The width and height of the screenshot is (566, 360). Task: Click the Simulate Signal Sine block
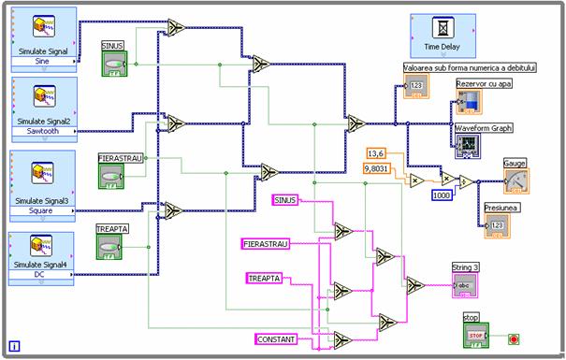point(43,37)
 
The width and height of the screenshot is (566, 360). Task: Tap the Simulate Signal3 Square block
point(43,178)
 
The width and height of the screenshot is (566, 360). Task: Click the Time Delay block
point(443,36)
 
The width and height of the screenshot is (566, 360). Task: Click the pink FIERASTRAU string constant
point(265,244)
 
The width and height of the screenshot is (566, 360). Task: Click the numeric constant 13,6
point(376,153)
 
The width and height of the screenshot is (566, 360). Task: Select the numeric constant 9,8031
point(379,169)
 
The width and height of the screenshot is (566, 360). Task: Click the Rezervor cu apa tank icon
point(468,101)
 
